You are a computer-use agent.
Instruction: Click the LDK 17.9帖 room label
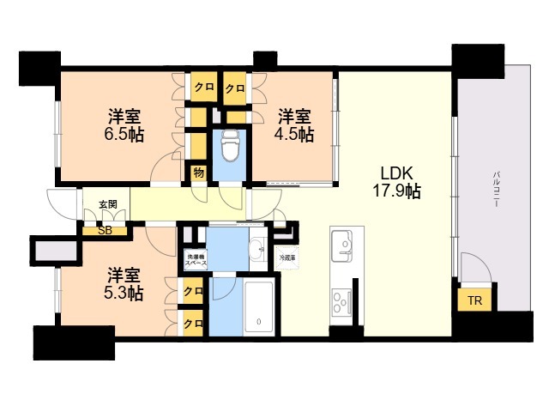point(396,182)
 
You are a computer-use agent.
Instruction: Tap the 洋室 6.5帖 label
point(124,125)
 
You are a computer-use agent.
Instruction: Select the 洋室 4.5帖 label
point(294,125)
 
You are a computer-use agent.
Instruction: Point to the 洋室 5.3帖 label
point(124,284)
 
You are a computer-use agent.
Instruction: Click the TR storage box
point(474,300)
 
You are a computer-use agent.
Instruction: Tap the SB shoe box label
point(105,231)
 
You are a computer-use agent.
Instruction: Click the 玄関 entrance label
point(108,204)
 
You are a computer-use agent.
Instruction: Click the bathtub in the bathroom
point(258,306)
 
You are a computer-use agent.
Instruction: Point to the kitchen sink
point(341,245)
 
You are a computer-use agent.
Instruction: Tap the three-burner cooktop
point(341,301)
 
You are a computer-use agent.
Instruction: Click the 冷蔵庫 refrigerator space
point(287,257)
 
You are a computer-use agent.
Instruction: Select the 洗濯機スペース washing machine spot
point(196,259)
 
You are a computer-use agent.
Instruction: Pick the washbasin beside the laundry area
point(257,250)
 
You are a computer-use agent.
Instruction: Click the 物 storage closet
point(198,173)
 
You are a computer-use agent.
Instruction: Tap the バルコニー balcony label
point(496,189)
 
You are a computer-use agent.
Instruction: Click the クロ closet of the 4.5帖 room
point(235,88)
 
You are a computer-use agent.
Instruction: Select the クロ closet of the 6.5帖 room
point(204,87)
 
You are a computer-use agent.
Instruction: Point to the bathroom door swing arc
point(226,292)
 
